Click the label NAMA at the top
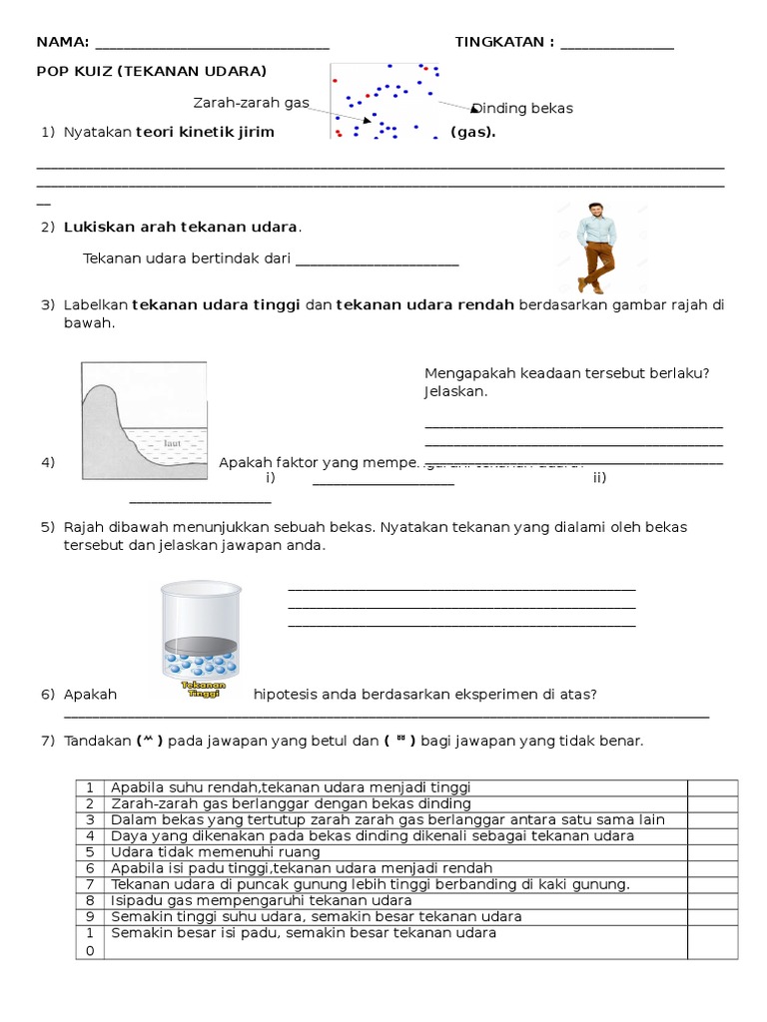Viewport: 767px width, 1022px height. coord(61,42)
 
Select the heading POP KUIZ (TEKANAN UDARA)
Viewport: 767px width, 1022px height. coord(151,72)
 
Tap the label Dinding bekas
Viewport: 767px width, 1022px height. coord(522,109)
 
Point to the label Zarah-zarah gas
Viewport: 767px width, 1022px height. coord(252,103)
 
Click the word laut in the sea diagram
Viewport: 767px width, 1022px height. coord(172,438)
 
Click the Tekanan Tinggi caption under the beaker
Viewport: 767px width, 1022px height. coord(203,691)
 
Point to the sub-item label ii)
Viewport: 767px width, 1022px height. coord(599,477)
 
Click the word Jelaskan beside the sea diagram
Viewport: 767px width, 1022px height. coord(455,391)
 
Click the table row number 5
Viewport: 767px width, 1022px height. coord(90,852)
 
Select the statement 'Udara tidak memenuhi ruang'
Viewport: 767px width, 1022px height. coord(216,852)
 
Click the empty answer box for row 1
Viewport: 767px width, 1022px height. coord(712,787)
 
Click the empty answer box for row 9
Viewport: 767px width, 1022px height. coord(712,916)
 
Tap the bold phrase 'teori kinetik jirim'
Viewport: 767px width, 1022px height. coord(205,133)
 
